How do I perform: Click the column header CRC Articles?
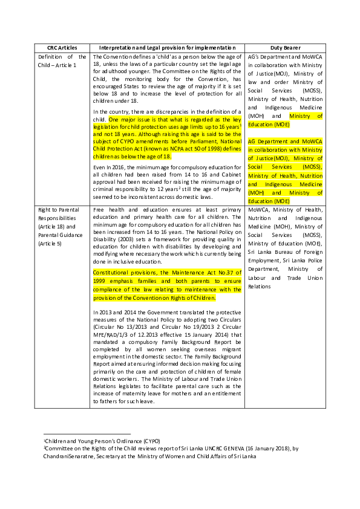(x=62, y=47)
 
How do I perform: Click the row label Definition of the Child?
(x=61, y=60)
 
